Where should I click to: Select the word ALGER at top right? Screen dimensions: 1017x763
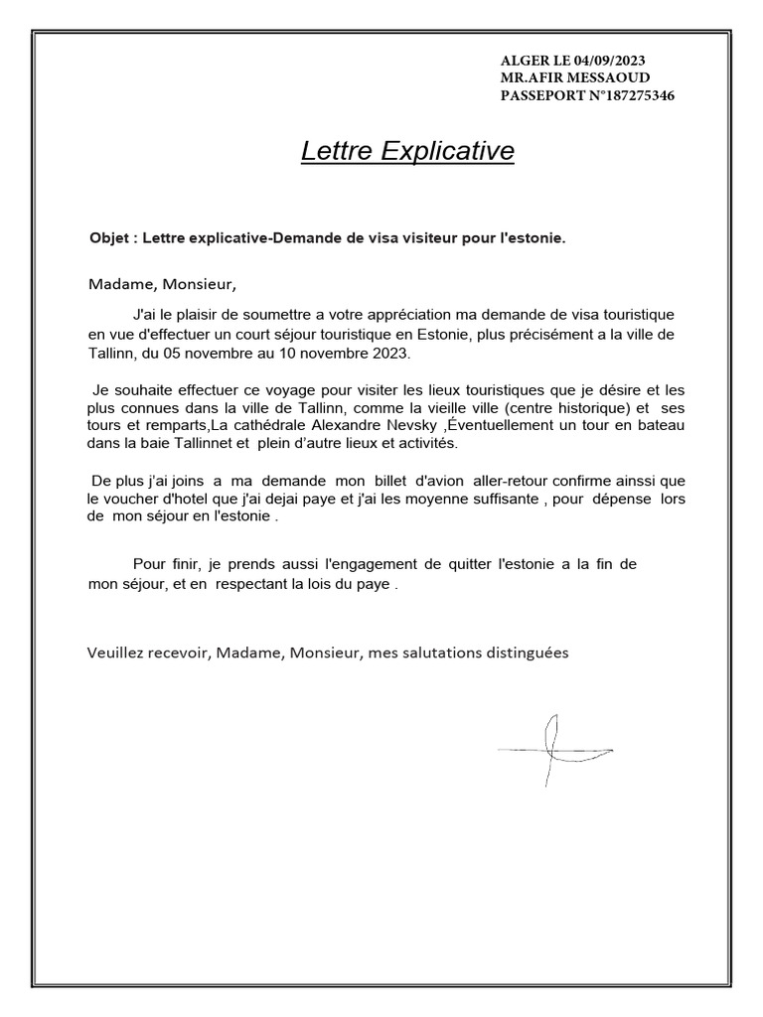[x=523, y=61]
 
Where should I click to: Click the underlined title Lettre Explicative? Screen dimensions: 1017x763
[x=407, y=152]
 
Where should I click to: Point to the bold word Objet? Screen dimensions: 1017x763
[x=110, y=238]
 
